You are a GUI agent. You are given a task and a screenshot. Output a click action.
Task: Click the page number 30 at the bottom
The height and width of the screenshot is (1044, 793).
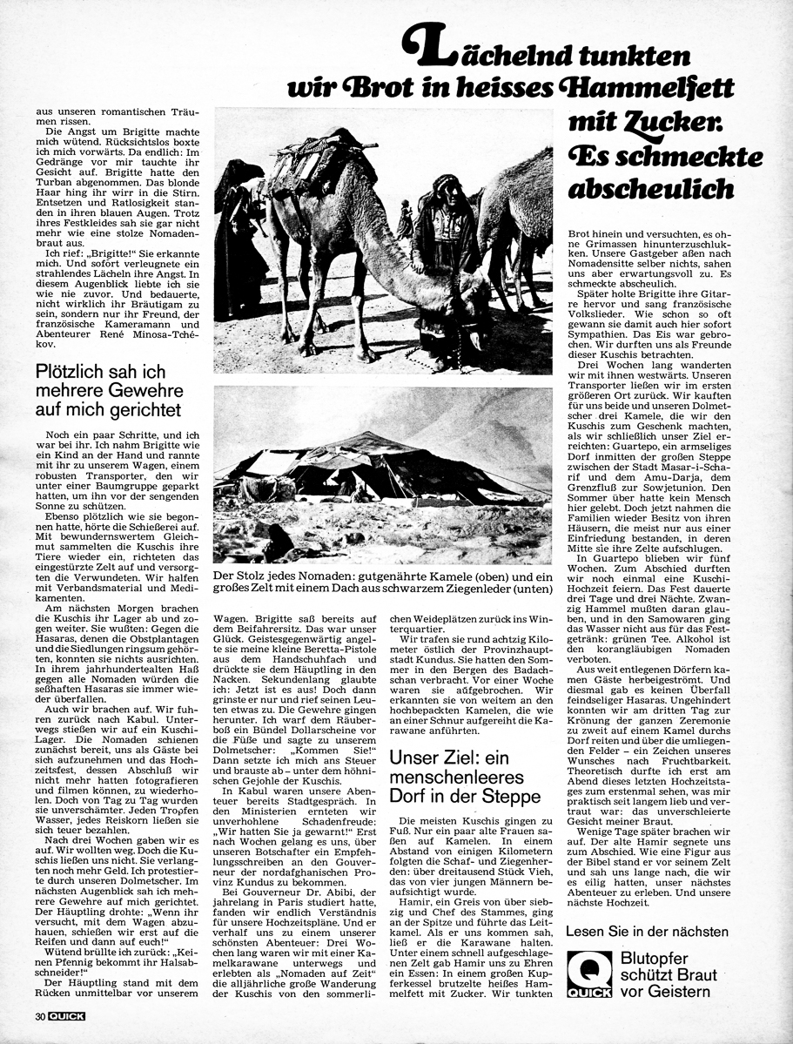pyautogui.click(x=40, y=1016)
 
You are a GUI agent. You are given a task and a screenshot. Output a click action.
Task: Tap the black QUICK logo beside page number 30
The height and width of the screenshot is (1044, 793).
pyautogui.click(x=66, y=1016)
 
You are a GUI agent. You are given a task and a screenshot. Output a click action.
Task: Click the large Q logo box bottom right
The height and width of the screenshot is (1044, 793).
pyautogui.click(x=586, y=973)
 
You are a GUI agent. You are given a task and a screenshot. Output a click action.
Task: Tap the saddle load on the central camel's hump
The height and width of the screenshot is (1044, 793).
pyautogui.click(x=313, y=157)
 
